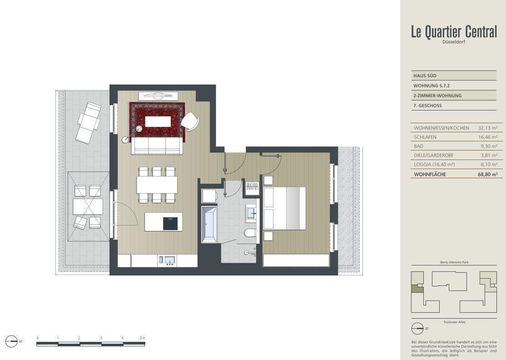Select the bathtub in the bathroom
(209, 224)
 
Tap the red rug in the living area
(158, 121)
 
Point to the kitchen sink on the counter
(169, 260)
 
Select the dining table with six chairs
(157, 185)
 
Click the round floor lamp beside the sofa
(125, 140)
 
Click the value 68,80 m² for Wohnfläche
(488, 174)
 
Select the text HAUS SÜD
(425, 76)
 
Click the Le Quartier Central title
(453, 32)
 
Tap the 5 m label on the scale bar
(142, 338)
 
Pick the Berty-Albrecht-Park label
(453, 263)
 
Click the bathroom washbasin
(252, 213)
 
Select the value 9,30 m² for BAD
(489, 146)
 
